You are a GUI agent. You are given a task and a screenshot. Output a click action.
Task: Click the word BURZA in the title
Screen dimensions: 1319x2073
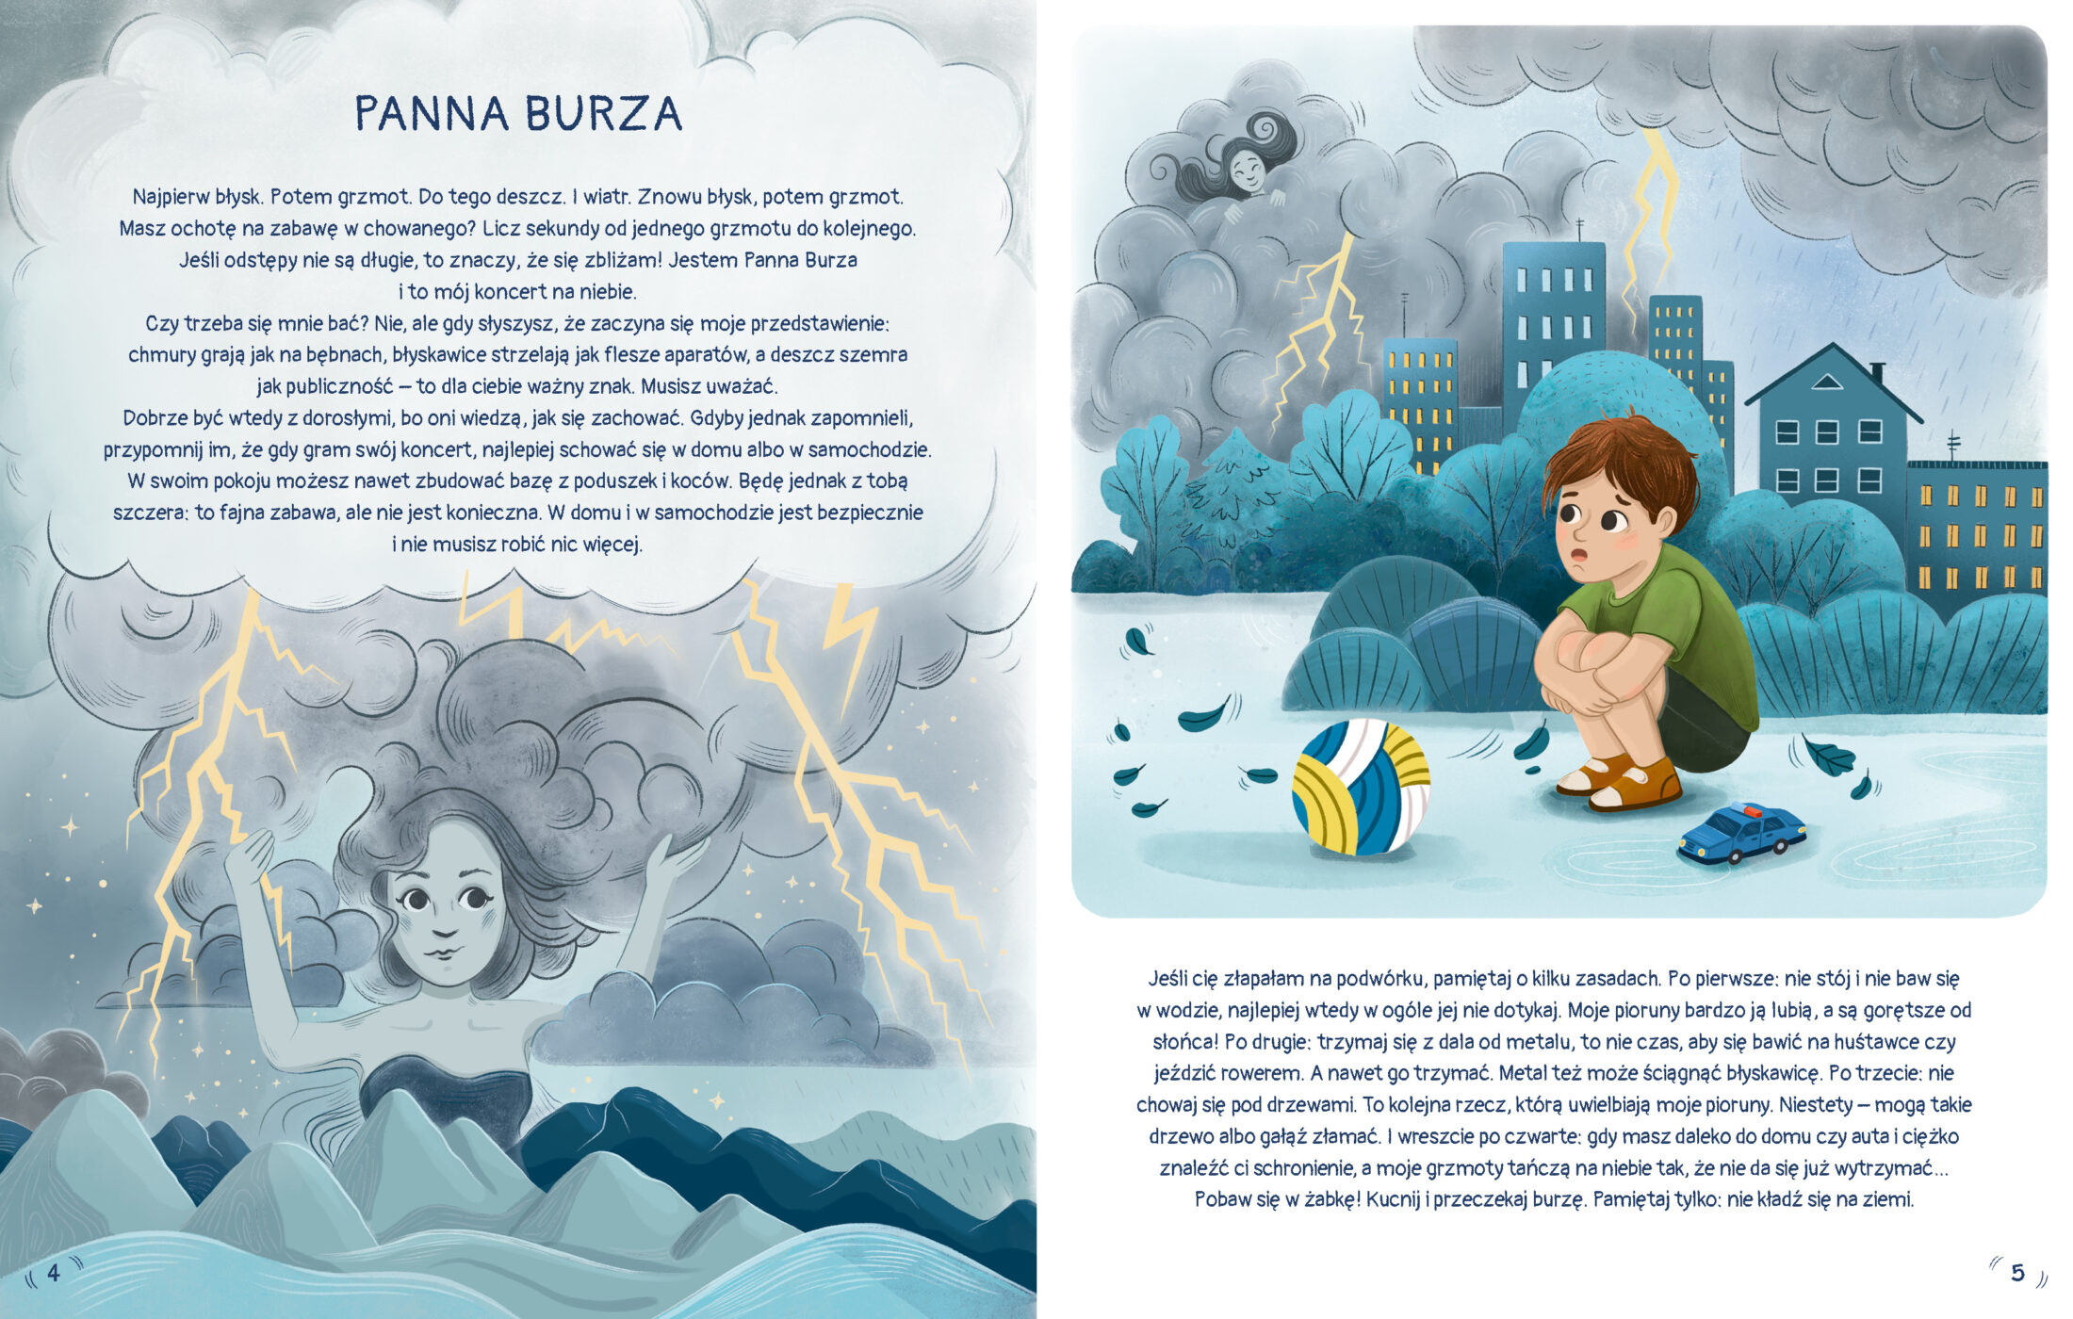click(603, 113)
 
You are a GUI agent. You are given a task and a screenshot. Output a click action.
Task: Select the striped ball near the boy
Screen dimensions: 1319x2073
click(1361, 787)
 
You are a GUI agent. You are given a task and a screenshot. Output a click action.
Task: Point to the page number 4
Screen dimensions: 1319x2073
click(54, 1273)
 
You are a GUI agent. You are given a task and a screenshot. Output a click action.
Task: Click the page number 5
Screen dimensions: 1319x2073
click(2017, 1273)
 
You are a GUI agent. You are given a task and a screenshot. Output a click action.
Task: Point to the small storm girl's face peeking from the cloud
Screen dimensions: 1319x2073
click(1247, 171)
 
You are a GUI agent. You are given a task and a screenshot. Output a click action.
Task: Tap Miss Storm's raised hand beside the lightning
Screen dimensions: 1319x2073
click(248, 857)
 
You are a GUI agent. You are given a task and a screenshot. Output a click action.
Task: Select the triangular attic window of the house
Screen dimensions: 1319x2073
click(1827, 382)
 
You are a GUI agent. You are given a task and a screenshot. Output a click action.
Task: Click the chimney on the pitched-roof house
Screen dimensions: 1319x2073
click(1876, 372)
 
